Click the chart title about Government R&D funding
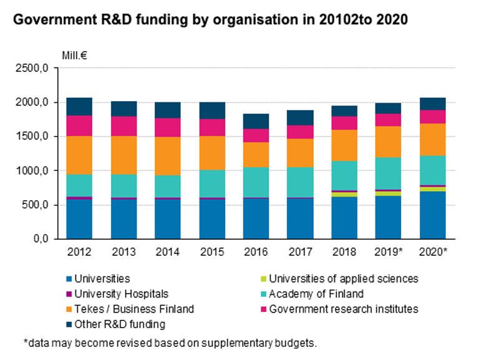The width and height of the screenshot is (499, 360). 210,20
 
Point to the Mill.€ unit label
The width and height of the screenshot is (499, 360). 74,55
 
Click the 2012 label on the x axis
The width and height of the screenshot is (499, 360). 79,253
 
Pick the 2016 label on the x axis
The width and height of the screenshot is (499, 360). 256,253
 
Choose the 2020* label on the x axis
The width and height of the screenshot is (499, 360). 433,253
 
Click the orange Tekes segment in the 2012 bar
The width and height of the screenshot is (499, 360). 79,155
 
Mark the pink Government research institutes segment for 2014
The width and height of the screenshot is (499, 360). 168,127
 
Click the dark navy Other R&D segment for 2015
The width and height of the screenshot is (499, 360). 212,110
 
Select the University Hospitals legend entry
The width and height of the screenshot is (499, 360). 120,293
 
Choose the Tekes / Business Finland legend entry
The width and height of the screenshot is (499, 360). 133,309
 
